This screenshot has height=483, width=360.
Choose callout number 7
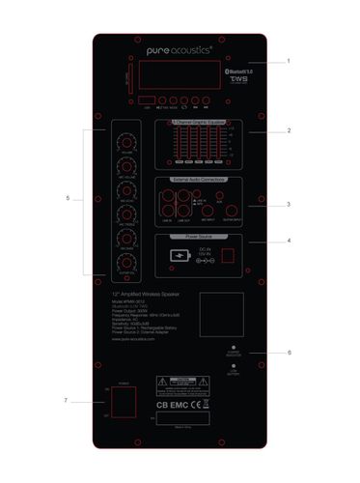[x=66, y=400]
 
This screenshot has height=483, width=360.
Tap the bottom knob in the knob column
[x=123, y=260]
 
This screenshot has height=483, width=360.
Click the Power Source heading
[x=199, y=235]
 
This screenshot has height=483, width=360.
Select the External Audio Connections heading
[x=199, y=180]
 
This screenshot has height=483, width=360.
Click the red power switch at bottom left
[x=122, y=403]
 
